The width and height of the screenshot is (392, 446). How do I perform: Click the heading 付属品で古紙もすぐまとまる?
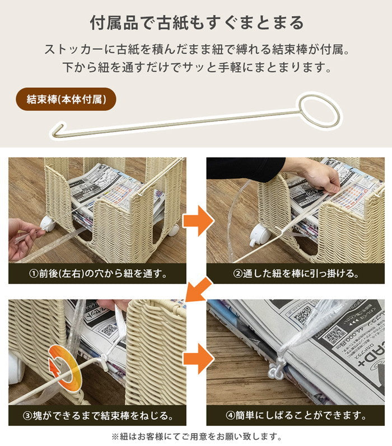pos(197,23)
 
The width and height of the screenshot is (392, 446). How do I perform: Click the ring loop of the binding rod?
pos(318,109)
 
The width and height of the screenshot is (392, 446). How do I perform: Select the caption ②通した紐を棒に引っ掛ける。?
pos(295,274)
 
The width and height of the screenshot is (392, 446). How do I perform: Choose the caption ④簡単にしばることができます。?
pos(295,416)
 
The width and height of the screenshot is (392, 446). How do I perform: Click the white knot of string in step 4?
pos(277,370)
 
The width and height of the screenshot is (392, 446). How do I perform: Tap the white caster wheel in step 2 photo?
pos(259,234)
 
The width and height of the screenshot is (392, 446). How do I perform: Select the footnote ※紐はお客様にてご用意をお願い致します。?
pos(197,436)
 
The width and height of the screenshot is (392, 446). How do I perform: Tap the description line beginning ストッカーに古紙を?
pos(197,50)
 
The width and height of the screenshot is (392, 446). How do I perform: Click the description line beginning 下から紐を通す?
pos(197,68)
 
